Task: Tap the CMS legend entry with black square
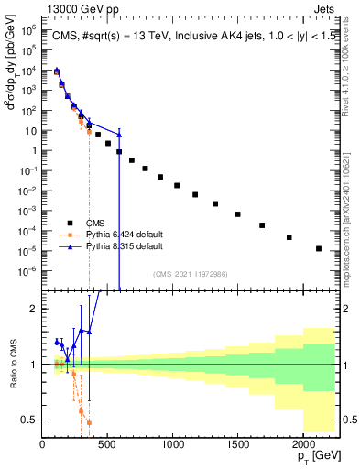coord(101,223)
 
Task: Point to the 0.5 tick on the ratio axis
coord(31,420)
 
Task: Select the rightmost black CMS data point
coord(318,248)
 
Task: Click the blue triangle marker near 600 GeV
coord(119,135)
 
